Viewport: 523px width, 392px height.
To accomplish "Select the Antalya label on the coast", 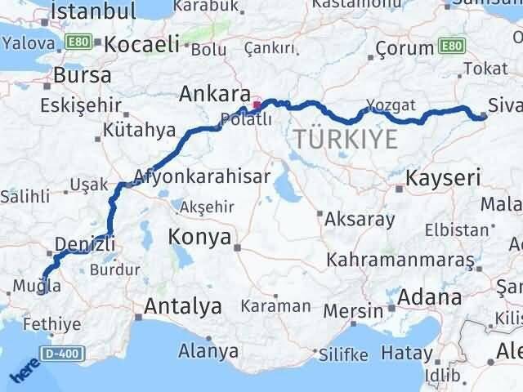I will click(x=182, y=307).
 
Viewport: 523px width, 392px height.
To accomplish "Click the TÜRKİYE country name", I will click(x=346, y=140).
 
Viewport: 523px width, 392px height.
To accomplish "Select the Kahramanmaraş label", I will click(x=400, y=261).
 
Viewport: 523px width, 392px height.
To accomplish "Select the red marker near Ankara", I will click(x=256, y=104).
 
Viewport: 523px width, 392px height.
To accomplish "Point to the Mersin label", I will click(x=353, y=310).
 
